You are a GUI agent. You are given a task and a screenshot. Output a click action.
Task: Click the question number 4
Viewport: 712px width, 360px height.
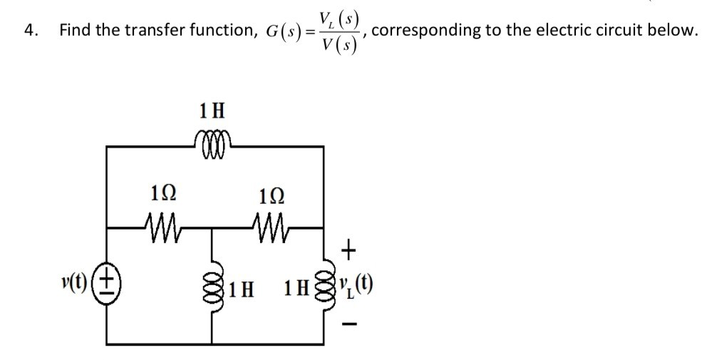tap(29, 30)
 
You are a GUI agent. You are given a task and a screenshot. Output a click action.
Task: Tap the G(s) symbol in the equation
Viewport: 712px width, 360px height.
tap(284, 31)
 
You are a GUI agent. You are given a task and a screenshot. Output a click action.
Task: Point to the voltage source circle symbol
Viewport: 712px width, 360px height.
tap(108, 278)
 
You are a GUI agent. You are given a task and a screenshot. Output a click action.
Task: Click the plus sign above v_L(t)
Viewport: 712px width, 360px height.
tap(349, 250)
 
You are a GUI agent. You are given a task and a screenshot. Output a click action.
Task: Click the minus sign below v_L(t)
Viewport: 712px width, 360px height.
tap(349, 328)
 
